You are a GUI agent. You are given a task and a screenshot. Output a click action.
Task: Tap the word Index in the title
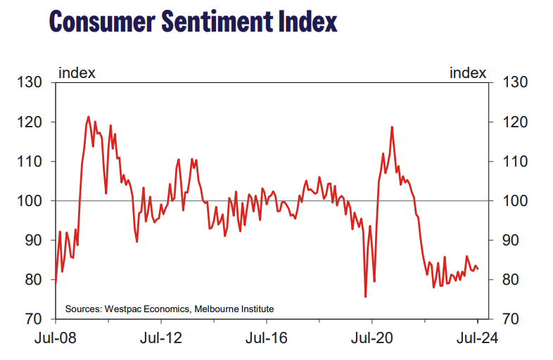304,22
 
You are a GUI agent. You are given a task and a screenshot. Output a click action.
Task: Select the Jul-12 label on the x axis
162,338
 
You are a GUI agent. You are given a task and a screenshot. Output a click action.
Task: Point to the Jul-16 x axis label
267,338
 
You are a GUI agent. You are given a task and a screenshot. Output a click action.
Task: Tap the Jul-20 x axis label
372,338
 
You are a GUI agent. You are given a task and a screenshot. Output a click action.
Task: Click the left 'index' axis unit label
77,72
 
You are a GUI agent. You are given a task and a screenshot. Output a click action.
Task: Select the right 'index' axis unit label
467,72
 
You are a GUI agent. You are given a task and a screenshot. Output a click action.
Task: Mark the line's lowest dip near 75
366,297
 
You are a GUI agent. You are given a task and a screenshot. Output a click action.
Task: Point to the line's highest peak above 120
89,117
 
